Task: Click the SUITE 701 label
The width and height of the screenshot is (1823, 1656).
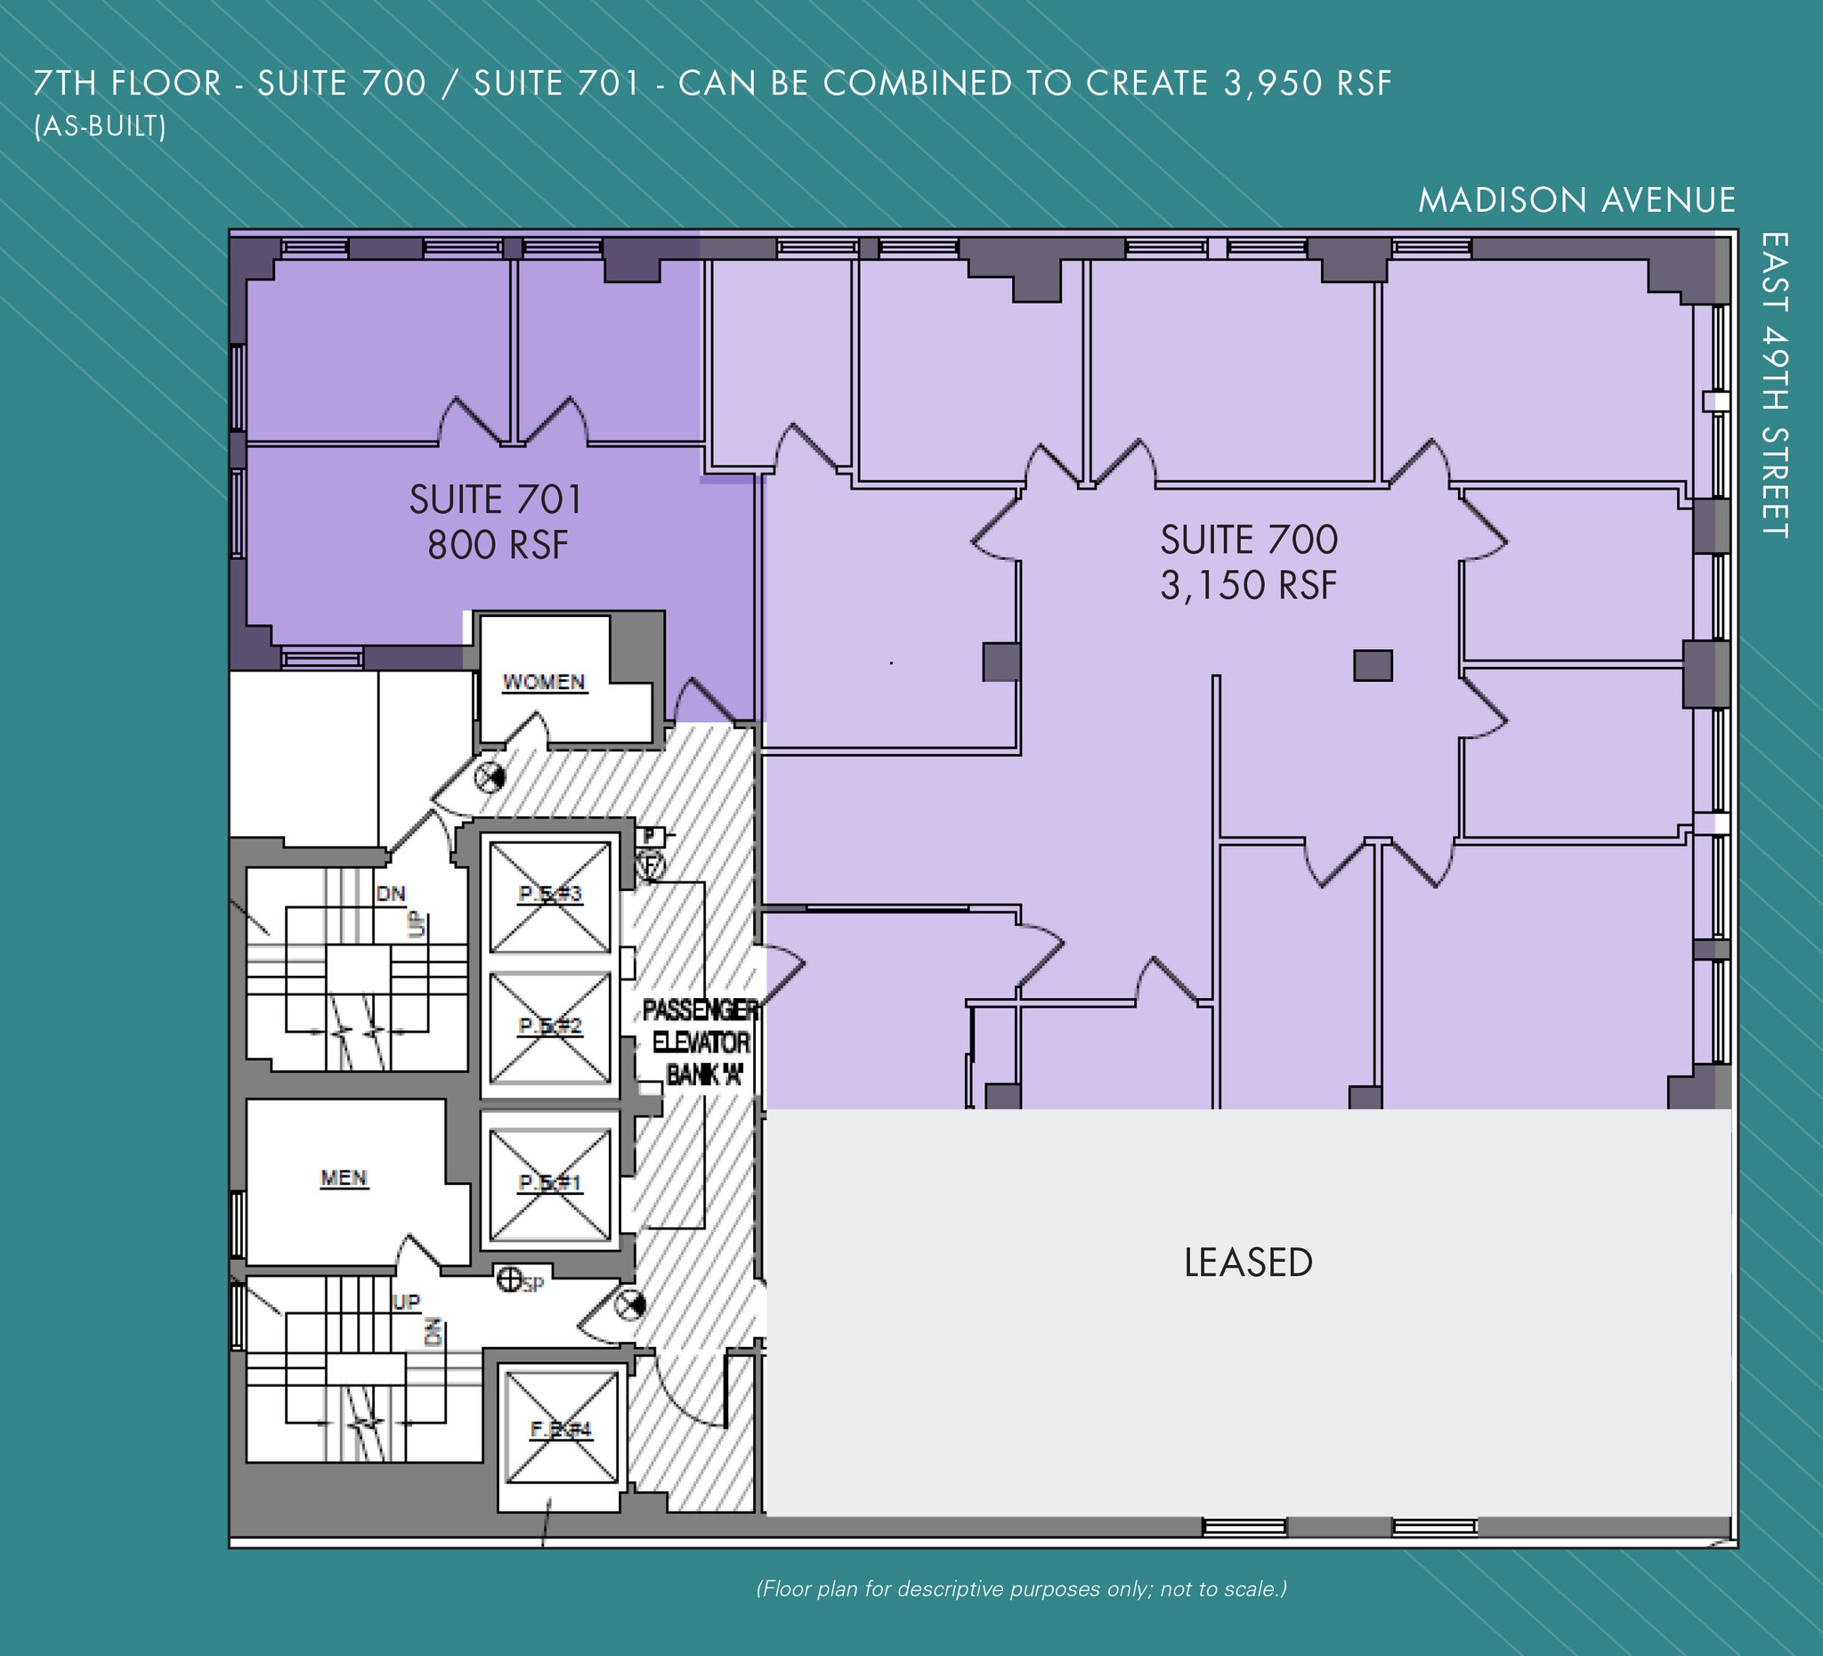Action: pyautogui.click(x=496, y=500)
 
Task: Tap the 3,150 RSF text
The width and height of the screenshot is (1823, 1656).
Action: pyautogui.click(x=1248, y=585)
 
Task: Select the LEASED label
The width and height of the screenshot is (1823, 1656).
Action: pyautogui.click(x=1248, y=1262)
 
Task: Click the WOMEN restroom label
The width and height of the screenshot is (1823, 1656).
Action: pyautogui.click(x=544, y=682)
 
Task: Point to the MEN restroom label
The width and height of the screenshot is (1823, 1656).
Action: pyautogui.click(x=344, y=1178)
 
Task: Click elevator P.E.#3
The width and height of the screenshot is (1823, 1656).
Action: pyautogui.click(x=550, y=895)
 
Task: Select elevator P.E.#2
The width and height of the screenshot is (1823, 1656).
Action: pyautogui.click(x=550, y=1026)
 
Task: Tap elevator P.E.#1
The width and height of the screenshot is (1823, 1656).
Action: pyautogui.click(x=550, y=1183)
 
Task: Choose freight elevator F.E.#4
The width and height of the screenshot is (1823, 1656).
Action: pyautogui.click(x=561, y=1429)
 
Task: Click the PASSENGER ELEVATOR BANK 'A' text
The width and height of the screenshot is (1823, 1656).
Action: pyautogui.click(x=701, y=1042)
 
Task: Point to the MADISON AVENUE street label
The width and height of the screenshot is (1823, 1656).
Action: pyautogui.click(x=1576, y=200)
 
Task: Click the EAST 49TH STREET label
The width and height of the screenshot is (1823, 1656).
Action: pyautogui.click(x=1775, y=386)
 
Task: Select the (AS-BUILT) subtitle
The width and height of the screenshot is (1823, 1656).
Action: pyautogui.click(x=100, y=126)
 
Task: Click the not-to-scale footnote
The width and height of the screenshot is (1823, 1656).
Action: pyautogui.click(x=1021, y=1588)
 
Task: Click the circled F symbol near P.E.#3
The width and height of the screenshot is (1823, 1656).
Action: pyautogui.click(x=651, y=865)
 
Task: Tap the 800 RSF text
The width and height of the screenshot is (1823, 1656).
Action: pyautogui.click(x=498, y=546)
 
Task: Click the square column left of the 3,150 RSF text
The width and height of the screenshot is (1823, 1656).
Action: pyautogui.click(x=1001, y=662)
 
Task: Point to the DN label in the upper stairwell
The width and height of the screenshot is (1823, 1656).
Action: pyautogui.click(x=391, y=894)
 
